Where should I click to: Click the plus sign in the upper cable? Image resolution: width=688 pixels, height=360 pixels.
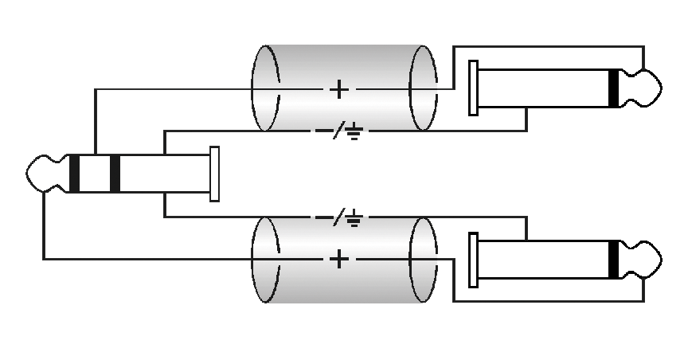338,88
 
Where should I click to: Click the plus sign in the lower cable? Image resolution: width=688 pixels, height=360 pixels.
338,259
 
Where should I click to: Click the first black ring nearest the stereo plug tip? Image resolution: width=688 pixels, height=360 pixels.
74,174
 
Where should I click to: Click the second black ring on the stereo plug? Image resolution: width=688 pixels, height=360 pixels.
115,174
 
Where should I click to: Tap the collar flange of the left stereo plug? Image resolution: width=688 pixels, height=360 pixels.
214,174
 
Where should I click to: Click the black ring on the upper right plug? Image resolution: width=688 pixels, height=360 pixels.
612,88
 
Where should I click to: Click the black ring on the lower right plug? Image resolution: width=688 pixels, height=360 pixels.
612,259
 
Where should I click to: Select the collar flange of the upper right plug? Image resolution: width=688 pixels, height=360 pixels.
474,88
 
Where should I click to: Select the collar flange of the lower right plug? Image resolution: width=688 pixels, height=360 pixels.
474,259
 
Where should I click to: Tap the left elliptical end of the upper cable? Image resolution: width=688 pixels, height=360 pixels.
265,88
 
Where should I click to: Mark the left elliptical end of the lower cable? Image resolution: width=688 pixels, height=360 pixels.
265,259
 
